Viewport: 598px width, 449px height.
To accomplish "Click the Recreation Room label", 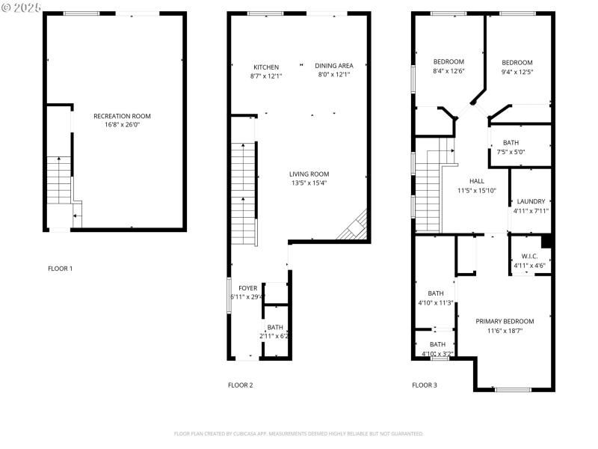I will (122, 116).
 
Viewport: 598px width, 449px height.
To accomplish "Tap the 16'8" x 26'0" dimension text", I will (122, 125).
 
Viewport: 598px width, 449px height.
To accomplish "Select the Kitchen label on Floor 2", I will (266, 67).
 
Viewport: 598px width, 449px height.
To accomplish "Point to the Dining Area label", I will (333, 66).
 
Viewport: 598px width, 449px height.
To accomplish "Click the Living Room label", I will (309, 174).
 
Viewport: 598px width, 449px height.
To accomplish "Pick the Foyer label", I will (247, 288).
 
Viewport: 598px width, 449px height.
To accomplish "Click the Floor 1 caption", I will (61, 268).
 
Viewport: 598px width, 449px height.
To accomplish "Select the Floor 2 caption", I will (241, 385).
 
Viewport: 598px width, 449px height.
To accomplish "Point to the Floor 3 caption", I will (425, 385).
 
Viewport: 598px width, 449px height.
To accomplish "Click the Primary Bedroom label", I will (505, 321).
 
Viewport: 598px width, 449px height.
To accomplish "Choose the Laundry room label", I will (531, 201).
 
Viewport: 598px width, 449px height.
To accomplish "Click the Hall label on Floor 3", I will (476, 181).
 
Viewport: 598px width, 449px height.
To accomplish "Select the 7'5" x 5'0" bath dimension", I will (511, 152).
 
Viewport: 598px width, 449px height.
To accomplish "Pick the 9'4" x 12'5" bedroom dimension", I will (517, 72).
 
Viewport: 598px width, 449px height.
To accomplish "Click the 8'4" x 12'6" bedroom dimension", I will (449, 71).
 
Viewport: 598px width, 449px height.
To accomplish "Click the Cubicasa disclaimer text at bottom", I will (299, 433).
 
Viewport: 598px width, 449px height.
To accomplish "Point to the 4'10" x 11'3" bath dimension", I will (436, 303).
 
